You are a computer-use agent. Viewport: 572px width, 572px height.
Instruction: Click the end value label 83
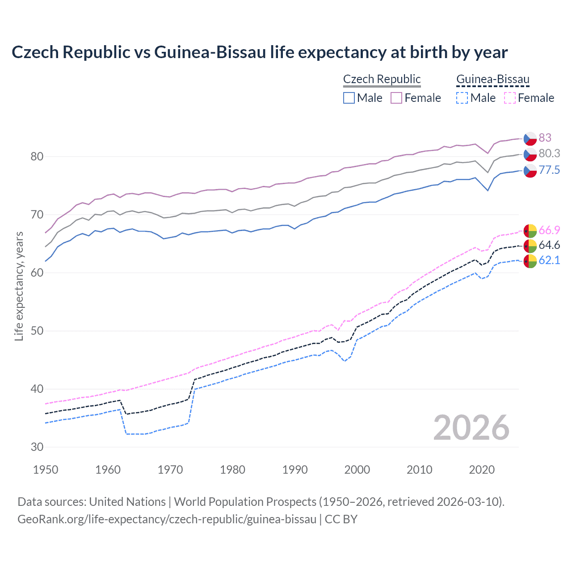545,138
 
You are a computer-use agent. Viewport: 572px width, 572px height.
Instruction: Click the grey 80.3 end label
549,153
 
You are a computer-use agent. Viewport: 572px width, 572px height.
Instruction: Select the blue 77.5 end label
549,170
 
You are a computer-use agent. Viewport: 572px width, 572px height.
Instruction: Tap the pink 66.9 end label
549,230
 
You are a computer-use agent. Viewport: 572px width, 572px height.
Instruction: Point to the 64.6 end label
549,245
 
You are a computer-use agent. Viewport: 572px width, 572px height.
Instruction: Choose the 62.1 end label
549,260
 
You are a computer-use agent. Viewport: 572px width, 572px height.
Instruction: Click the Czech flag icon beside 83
530,139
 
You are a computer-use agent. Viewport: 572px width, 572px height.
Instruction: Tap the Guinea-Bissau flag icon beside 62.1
530,261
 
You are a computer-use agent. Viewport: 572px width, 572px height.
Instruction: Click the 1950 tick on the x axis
46,470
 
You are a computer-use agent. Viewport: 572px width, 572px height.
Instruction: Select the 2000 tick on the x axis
357,470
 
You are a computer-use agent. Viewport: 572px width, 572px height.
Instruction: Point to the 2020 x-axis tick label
482,470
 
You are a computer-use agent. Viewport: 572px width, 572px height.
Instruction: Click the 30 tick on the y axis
37,447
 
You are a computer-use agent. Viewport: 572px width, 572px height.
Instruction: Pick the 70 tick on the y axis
37,214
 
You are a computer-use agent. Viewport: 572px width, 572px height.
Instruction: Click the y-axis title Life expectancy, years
19,286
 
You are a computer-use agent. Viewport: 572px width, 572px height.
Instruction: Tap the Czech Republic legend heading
382,79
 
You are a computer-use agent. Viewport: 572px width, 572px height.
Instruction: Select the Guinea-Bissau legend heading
492,79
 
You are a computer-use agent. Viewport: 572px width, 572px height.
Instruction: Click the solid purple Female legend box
396,98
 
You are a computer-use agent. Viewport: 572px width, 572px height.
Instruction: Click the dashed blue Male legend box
462,98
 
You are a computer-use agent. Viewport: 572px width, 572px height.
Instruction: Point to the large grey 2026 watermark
471,428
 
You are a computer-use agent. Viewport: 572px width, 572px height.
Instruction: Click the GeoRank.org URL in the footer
167,519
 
